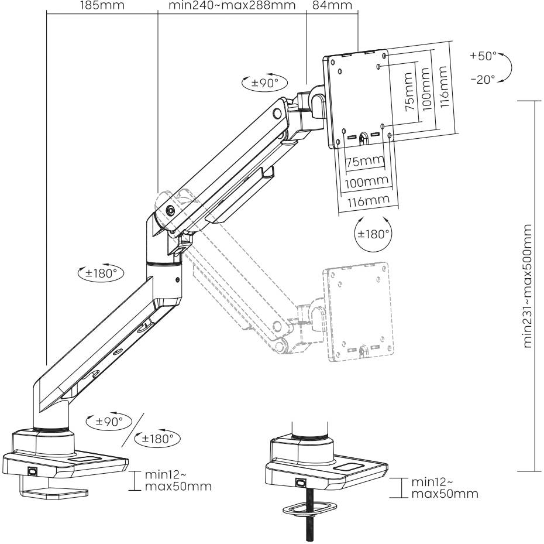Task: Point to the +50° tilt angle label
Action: tap(482, 56)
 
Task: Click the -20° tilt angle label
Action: tap(482, 79)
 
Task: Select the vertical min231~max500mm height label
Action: tap(529, 285)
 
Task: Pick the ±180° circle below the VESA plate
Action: tap(373, 234)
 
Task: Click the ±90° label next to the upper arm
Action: tap(260, 83)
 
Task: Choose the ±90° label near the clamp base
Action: tap(105, 421)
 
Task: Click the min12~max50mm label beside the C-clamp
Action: tap(169, 480)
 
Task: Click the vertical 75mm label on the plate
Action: tap(408, 91)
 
